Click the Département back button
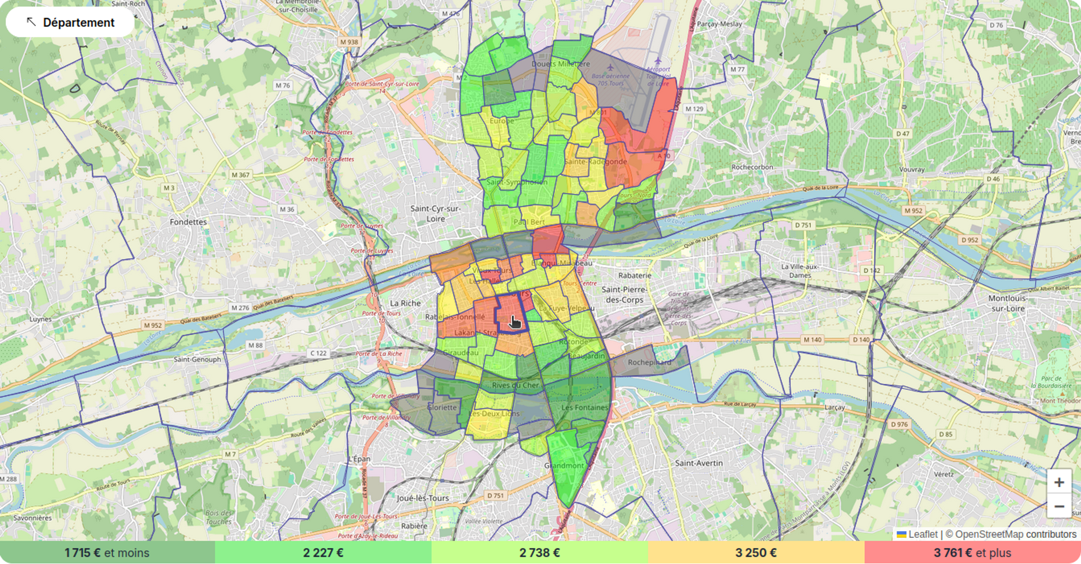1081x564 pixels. pos(70,22)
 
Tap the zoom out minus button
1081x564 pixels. pos(1059,506)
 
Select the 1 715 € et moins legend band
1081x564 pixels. pos(108,553)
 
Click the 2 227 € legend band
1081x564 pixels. pos(323,553)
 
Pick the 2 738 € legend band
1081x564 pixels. pos(540,553)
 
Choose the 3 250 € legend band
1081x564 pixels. pos(756,553)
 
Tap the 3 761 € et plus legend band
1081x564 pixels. pos(972,553)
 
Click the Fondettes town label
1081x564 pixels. pos(188,221)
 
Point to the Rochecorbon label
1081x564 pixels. pos(752,167)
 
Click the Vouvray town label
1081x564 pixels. pos(912,169)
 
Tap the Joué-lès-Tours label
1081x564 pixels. pos(423,498)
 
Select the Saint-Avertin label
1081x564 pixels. pos(699,463)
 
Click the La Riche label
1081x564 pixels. pos(405,303)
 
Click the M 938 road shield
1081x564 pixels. pos(349,42)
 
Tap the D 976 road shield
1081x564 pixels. pos(899,424)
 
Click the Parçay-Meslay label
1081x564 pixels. pos(719,24)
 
